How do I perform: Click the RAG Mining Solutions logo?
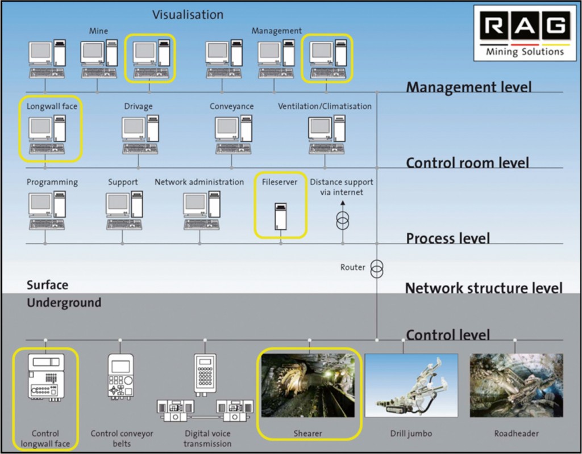pyautogui.click(x=525, y=32)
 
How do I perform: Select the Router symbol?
pyautogui.click(x=376, y=269)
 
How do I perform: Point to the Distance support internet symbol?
pyautogui.click(x=342, y=221)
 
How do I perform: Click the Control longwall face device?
pyautogui.click(x=45, y=377)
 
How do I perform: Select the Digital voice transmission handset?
pyautogui.click(x=205, y=375)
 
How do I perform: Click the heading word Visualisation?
pyautogui.click(x=188, y=15)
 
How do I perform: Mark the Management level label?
pyautogui.click(x=468, y=87)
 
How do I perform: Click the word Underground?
pyautogui.click(x=64, y=302)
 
